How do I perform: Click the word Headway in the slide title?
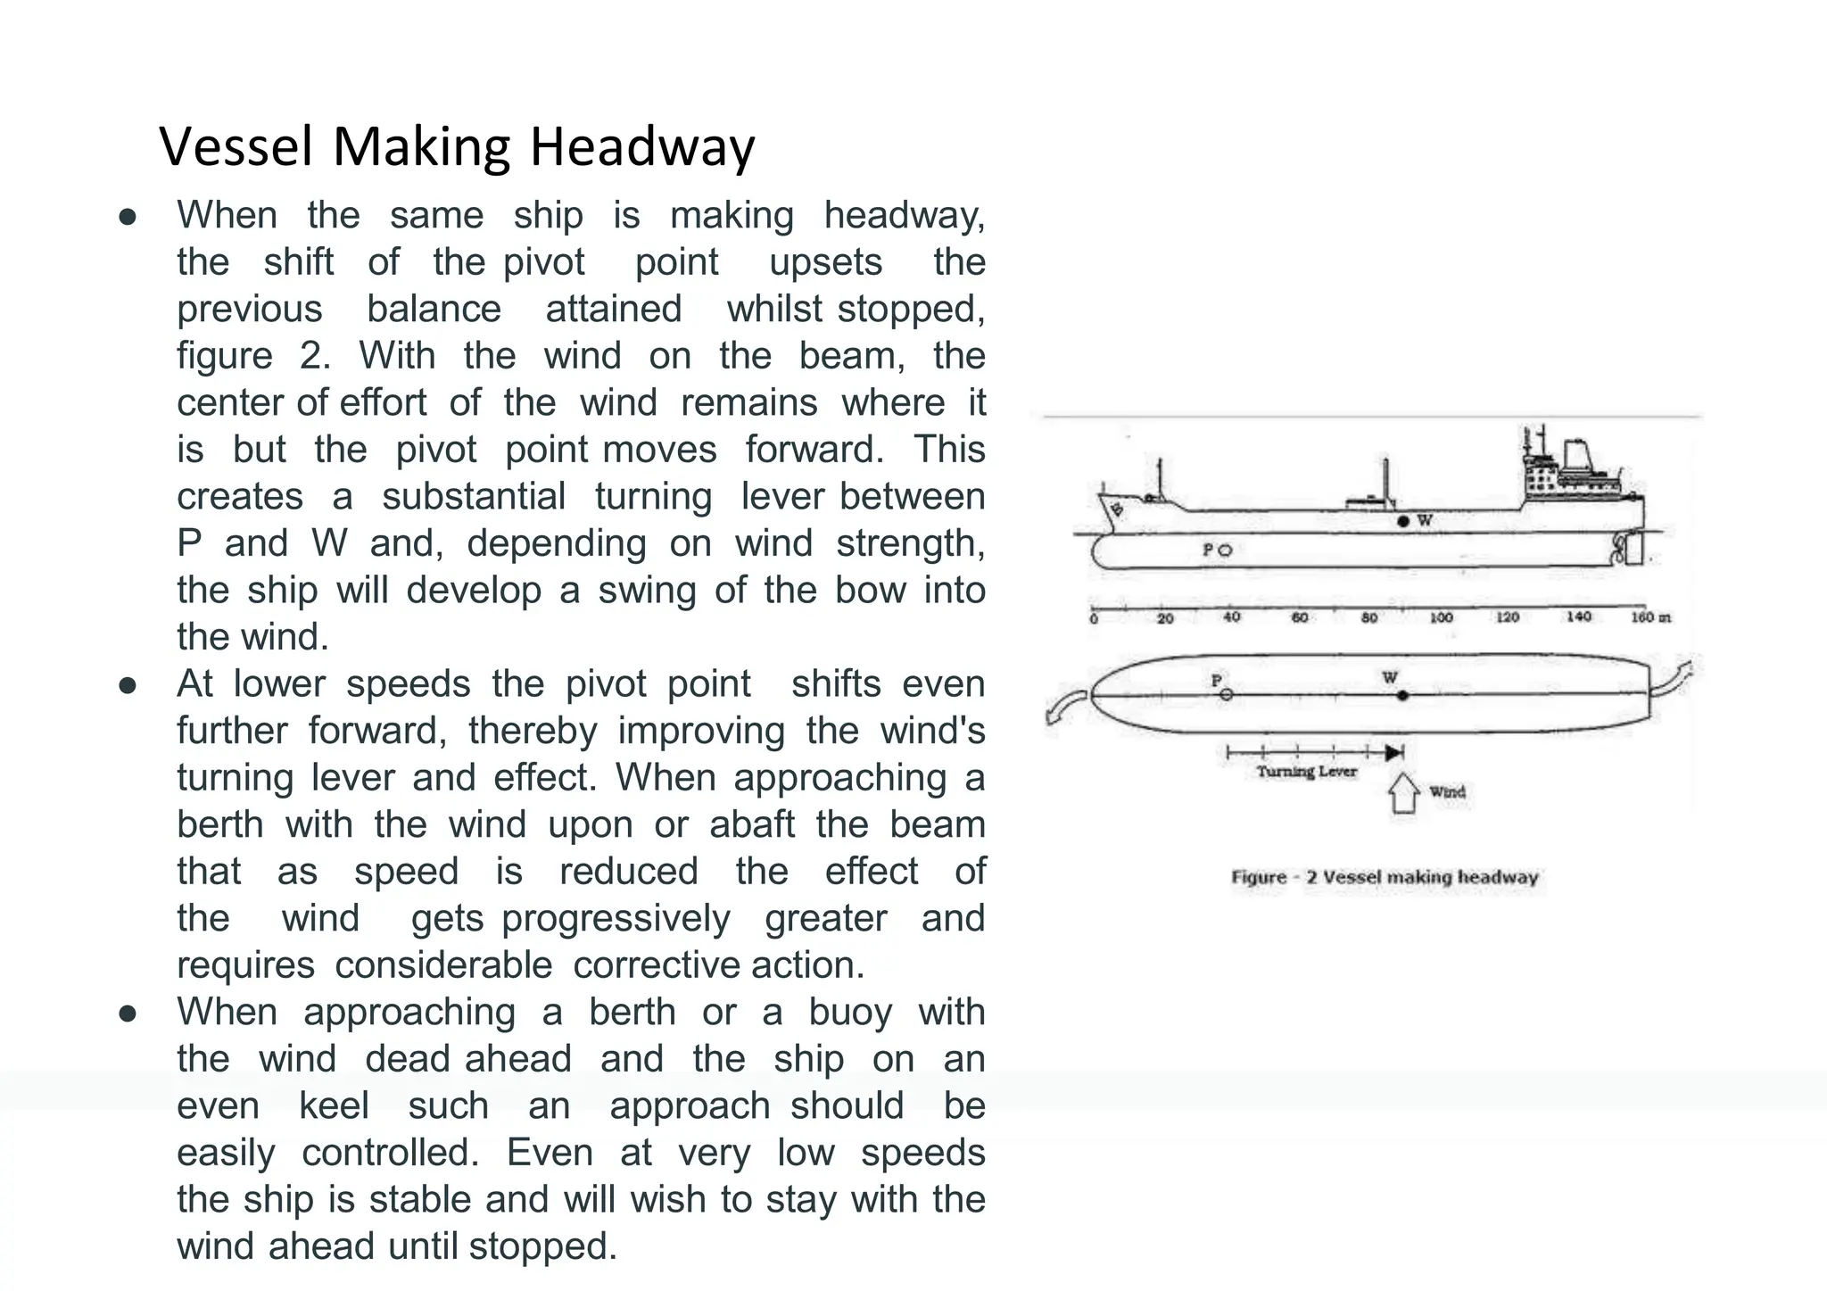[642, 147]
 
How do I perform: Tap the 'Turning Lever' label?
[1306, 772]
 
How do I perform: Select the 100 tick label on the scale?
[1441, 617]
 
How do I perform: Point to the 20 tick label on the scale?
[1165, 618]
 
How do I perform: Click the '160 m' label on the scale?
[1649, 617]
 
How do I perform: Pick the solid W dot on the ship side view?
[1403, 521]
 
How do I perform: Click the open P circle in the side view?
[1225, 550]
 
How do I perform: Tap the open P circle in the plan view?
[1227, 694]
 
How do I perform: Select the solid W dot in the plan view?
[1402, 695]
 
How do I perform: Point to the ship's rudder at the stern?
[1634, 549]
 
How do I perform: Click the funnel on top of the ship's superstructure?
[1576, 455]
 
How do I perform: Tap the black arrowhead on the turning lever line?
[1394, 753]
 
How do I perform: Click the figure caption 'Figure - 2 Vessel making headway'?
[1385, 877]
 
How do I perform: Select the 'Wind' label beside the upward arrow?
[1447, 792]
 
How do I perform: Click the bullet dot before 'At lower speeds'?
[128, 685]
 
